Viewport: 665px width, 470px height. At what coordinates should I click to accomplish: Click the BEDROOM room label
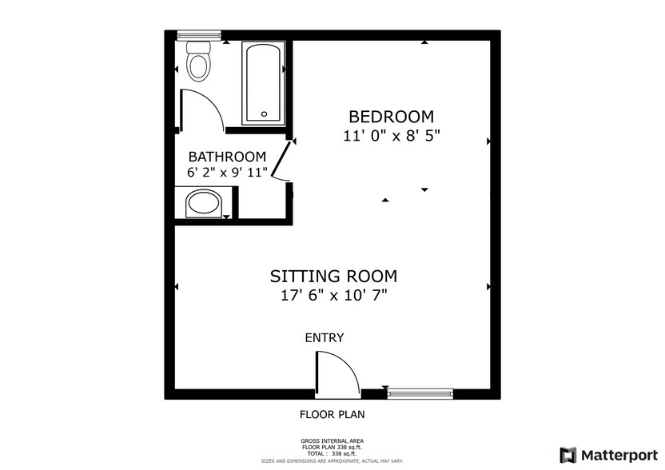click(x=391, y=116)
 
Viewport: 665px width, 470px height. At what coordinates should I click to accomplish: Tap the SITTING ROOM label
click(x=334, y=276)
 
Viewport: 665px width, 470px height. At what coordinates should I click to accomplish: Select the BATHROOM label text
click(x=227, y=157)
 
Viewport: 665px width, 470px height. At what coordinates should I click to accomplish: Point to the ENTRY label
click(x=325, y=337)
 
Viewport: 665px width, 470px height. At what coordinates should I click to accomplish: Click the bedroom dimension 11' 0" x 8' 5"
click(x=392, y=136)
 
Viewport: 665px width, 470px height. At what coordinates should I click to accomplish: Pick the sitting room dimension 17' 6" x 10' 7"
click(x=334, y=295)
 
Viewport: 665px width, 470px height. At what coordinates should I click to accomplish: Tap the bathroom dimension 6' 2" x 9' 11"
click(x=227, y=173)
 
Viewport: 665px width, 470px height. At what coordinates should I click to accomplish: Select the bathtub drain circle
click(x=265, y=114)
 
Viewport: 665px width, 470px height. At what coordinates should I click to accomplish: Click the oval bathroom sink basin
click(x=204, y=204)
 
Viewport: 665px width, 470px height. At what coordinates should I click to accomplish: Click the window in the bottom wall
click(x=420, y=394)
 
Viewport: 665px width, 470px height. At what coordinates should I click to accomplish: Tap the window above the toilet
click(x=199, y=36)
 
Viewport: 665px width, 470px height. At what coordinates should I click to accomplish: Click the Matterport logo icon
click(x=568, y=455)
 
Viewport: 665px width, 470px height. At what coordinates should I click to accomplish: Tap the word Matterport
click(x=619, y=456)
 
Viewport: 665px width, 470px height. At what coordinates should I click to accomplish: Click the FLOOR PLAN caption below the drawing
click(x=332, y=414)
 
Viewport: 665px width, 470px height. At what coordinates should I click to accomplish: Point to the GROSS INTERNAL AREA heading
click(x=332, y=441)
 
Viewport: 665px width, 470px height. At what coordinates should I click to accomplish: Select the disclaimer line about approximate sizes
click(x=332, y=460)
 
